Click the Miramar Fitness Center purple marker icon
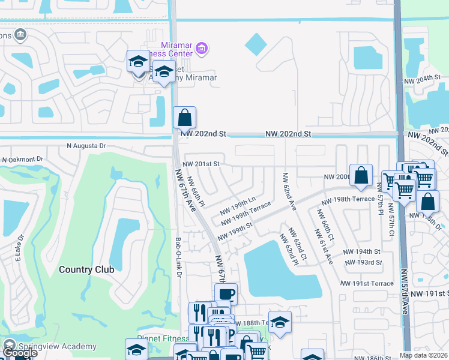[x=202, y=49]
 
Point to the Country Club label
[x=86, y=269]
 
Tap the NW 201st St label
[x=201, y=163]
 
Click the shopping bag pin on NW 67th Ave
[x=184, y=117]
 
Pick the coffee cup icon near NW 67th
[x=226, y=294]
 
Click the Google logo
[x=20, y=353]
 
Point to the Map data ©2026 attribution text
[x=423, y=355]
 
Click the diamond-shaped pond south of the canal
[x=256, y=43]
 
